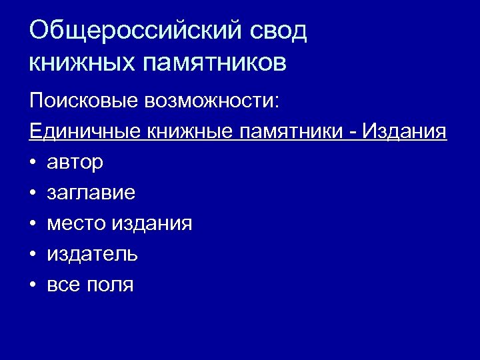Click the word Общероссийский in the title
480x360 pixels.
coord(133,32)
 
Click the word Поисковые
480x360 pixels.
coord(83,101)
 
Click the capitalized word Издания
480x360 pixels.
coord(404,131)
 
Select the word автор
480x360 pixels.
coord(75,163)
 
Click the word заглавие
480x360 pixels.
coord(91,193)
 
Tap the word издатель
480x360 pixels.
coord(93,255)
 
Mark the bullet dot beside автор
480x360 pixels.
coord(33,163)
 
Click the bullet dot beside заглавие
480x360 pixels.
coord(33,193)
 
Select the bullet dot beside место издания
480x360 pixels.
coord(33,224)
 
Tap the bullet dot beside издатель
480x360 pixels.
coord(33,255)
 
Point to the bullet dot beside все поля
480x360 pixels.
coord(33,285)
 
